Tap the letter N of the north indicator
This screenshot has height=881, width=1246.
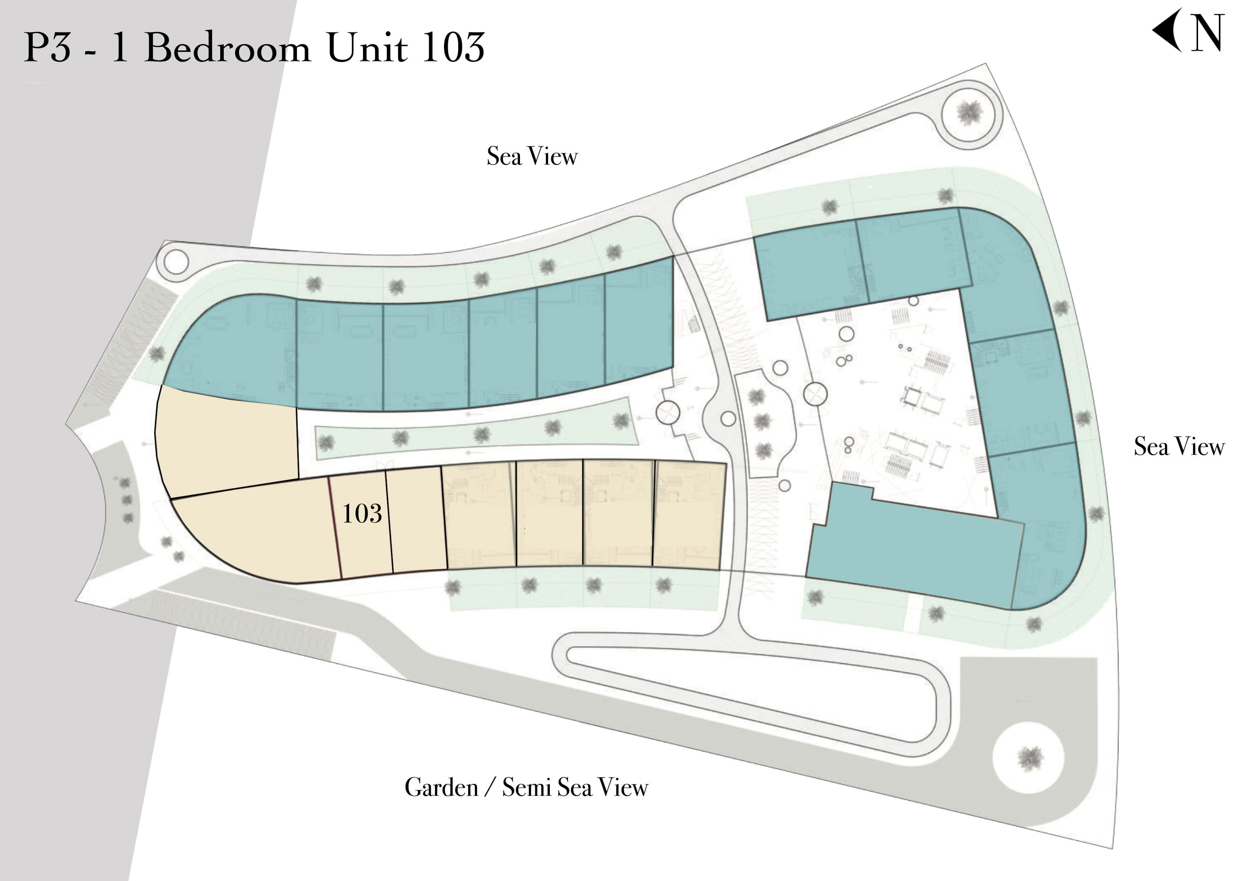click(1208, 33)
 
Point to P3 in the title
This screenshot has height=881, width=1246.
click(47, 47)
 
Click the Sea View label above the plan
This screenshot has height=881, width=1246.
click(532, 156)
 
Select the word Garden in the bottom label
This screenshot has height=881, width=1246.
click(441, 787)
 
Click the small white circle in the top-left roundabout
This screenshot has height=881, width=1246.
click(176, 262)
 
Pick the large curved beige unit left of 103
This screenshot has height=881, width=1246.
click(260, 535)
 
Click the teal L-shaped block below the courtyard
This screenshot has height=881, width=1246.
click(912, 546)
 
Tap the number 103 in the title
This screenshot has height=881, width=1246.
click(453, 47)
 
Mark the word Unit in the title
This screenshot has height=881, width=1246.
click(367, 47)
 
